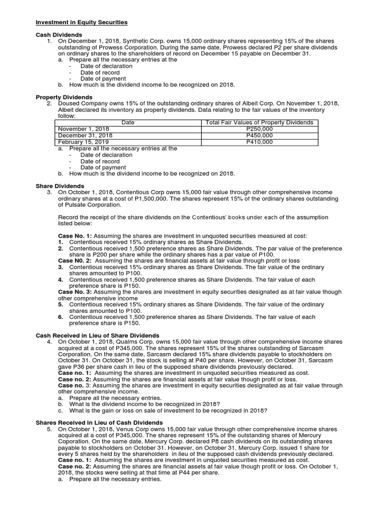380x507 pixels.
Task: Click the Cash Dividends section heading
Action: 58,35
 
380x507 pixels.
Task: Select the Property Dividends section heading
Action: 64,97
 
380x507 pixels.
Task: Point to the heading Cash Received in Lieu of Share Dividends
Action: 98,335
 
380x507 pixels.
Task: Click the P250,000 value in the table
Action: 259,129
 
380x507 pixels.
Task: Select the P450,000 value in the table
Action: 259,135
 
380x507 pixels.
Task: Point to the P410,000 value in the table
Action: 259,142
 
